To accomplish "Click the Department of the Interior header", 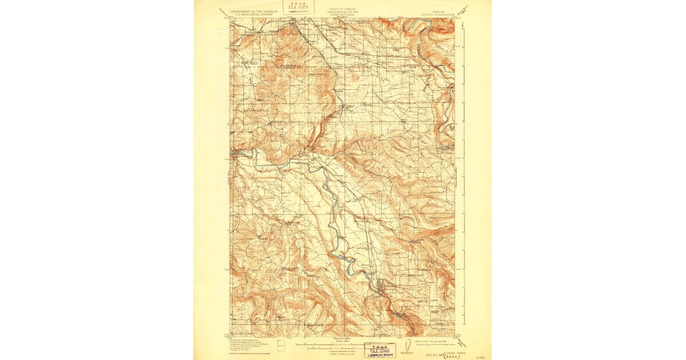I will coord(254,12).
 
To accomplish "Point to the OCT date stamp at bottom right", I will coord(434,353).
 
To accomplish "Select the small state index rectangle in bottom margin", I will coord(281,346).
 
